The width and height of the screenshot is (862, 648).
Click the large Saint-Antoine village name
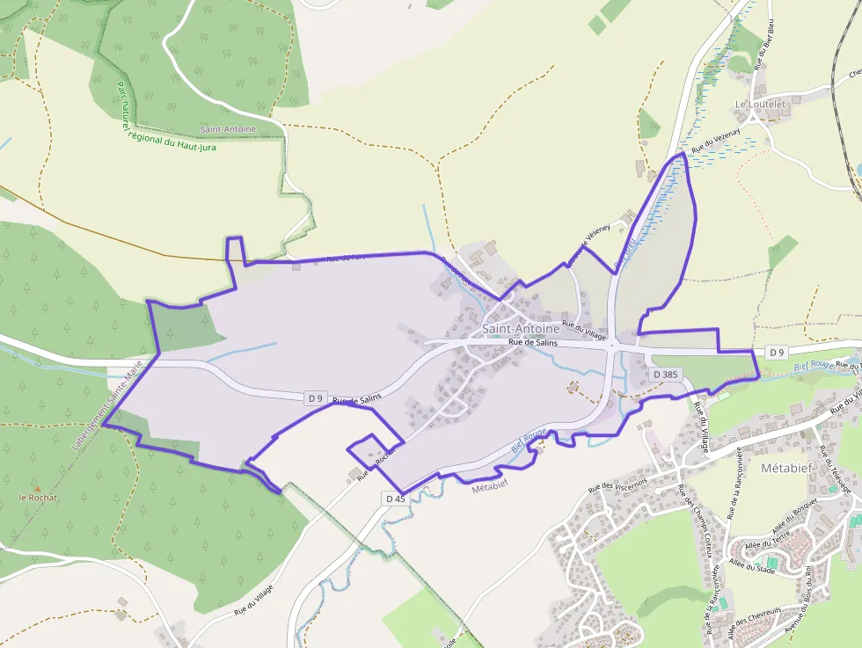pyautogui.click(x=520, y=329)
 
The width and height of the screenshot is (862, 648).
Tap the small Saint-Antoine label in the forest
pyautogui.click(x=228, y=129)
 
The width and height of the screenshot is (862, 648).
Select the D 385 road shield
pyautogui.click(x=666, y=375)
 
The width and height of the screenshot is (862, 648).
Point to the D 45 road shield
pyautogui.click(x=396, y=499)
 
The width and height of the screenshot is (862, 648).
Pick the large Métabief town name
pyautogui.click(x=788, y=469)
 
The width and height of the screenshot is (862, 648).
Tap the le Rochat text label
pyautogui.click(x=38, y=498)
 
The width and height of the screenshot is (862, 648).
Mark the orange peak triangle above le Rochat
pyautogui.click(x=37, y=487)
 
